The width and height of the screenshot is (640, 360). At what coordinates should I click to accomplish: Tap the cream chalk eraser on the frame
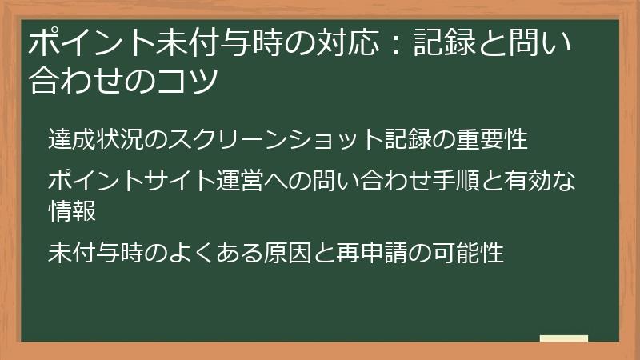pyautogui.click(x=563, y=338)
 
